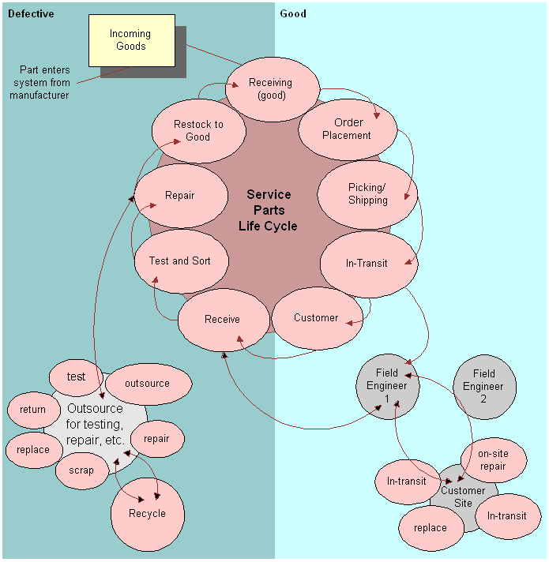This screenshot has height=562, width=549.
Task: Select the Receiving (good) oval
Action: pyautogui.click(x=271, y=88)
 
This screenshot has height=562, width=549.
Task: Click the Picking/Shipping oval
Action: pyautogui.click(x=367, y=193)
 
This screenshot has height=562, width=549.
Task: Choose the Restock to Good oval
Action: pyautogui.click(x=198, y=130)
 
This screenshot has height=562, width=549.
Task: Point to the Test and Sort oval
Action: pyautogui.click(x=180, y=260)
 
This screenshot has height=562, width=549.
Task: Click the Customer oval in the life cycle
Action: pyautogui.click(x=316, y=317)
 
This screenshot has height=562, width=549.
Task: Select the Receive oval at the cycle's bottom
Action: pyautogui.click(x=222, y=319)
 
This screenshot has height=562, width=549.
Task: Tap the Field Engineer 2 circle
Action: pyautogui.click(x=484, y=386)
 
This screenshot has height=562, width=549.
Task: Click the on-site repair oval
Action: pyautogui.click(x=492, y=460)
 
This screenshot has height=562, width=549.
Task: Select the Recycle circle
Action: pyautogui.click(x=148, y=513)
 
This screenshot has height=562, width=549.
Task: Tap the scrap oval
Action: pyautogui.click(x=81, y=470)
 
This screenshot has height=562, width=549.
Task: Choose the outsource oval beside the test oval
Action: pyautogui.click(x=148, y=384)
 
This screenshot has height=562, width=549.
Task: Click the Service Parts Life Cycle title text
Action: pyautogui.click(x=269, y=210)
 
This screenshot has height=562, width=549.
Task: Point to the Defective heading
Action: pyautogui.click(x=31, y=14)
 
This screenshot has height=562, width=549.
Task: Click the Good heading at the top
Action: pyautogui.click(x=293, y=14)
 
